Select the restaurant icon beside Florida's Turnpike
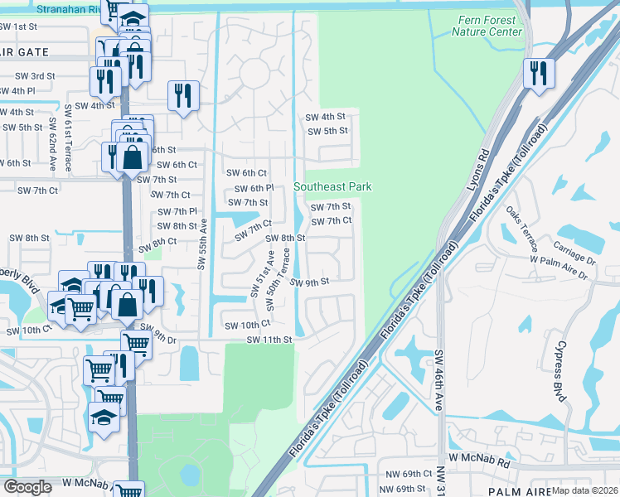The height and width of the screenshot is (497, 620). tap(537, 73)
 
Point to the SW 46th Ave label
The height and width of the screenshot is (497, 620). tap(438, 381)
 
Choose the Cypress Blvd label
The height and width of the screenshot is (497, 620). tap(560, 370)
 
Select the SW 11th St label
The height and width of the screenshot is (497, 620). tap(267, 340)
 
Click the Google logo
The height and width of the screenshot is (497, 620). tap(27, 486)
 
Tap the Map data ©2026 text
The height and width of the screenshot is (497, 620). tap(584, 490)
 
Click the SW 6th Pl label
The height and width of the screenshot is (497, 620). tap(254, 188)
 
